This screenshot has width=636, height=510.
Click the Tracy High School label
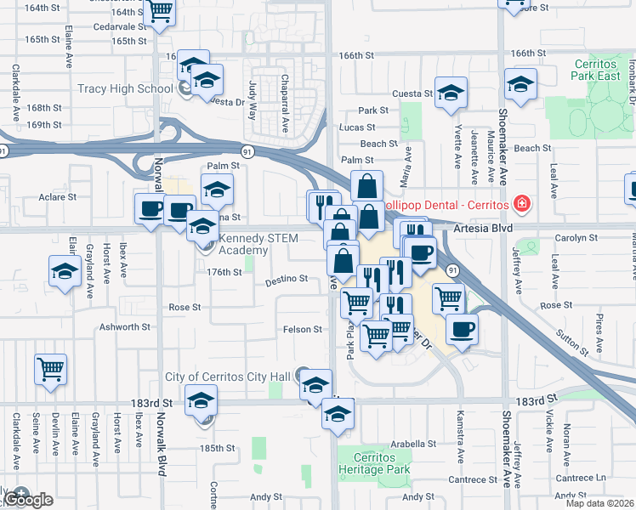coord(125,88)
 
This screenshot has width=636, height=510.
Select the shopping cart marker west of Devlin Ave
coord(51,370)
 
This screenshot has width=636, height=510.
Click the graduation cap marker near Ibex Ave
coord(65,272)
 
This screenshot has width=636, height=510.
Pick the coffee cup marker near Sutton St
coord(461,329)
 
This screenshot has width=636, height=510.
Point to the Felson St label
coord(303,329)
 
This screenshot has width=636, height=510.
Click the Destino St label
coord(286,279)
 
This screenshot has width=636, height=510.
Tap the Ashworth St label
coord(124,326)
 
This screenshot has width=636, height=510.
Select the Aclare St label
coord(58,196)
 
